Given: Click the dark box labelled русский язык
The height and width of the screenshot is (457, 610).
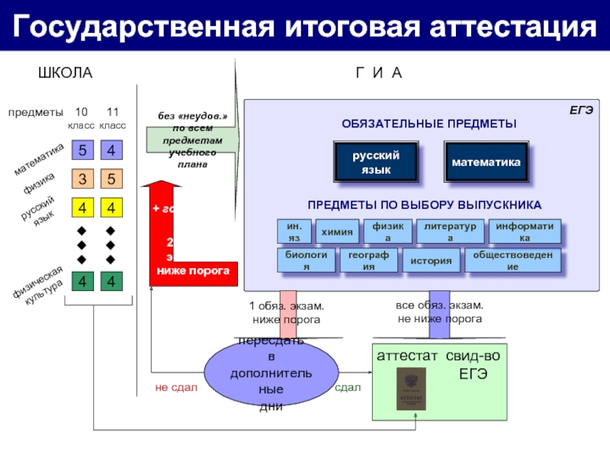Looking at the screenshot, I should click(376, 162).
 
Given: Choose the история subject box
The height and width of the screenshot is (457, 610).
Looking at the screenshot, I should click(431, 261).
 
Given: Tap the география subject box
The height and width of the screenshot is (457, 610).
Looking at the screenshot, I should click(368, 260).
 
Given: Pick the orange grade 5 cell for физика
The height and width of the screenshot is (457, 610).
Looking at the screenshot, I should click(111, 179).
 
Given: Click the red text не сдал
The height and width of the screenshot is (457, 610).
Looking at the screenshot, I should click(176, 388).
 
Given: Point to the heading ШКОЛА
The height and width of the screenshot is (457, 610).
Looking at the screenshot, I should click(65, 73).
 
